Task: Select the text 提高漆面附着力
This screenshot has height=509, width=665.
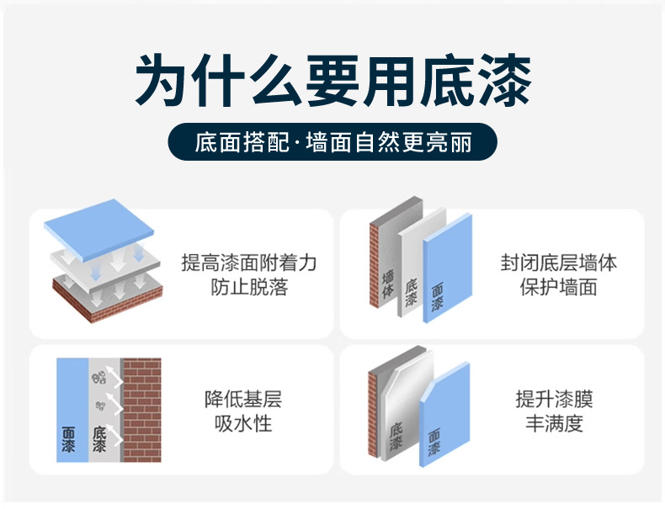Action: click(x=249, y=263)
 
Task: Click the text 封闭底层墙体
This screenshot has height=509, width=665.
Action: click(x=559, y=263)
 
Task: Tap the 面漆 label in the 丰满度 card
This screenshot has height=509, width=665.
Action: click(x=434, y=443)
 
